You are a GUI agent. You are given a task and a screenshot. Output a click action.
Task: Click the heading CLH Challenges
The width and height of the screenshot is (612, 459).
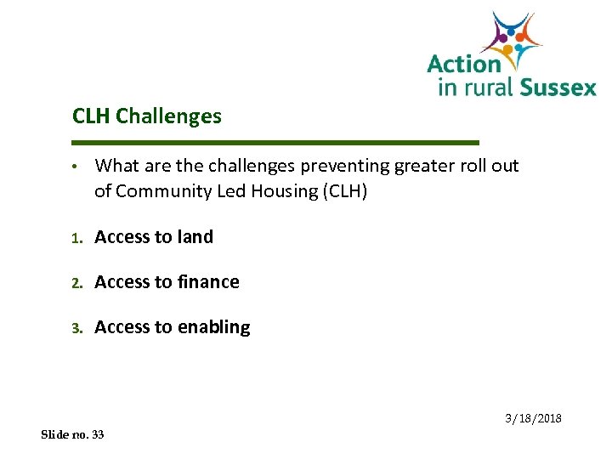tap(147, 116)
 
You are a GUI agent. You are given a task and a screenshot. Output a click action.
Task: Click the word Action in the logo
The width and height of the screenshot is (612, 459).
tap(463, 64)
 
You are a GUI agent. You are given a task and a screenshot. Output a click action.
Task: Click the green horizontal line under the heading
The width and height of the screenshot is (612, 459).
tap(276, 142)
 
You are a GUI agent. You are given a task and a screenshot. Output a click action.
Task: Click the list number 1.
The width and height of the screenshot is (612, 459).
tap(76, 238)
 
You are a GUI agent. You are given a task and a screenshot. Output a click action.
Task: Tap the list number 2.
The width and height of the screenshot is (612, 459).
tap(76, 283)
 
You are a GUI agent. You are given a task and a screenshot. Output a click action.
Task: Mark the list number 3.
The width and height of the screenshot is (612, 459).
tap(76, 328)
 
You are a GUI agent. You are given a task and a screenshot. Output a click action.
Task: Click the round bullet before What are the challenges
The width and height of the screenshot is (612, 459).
tap(76, 166)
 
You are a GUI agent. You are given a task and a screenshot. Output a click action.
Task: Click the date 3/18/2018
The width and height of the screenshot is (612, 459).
tap(533, 419)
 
